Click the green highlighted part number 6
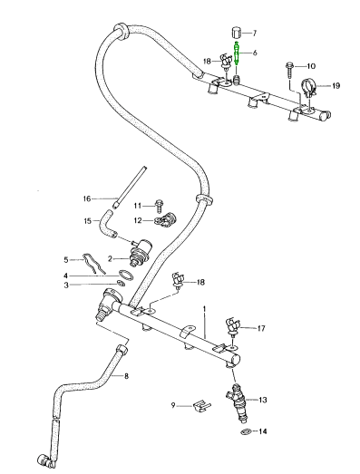coord(237,53)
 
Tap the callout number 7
coord(254,33)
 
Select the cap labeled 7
coord(237,32)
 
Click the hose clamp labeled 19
coord(308,87)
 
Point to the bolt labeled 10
coord(289,70)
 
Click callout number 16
coord(87,198)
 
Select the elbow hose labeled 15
coord(108,225)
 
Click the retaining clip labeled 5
coord(92,264)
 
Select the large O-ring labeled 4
coord(126,276)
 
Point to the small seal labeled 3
coord(121,284)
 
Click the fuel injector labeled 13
coord(238,402)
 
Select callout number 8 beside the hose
coord(126,376)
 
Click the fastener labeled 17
coord(233,326)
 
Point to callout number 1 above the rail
coord(205,309)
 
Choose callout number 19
coord(336,86)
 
